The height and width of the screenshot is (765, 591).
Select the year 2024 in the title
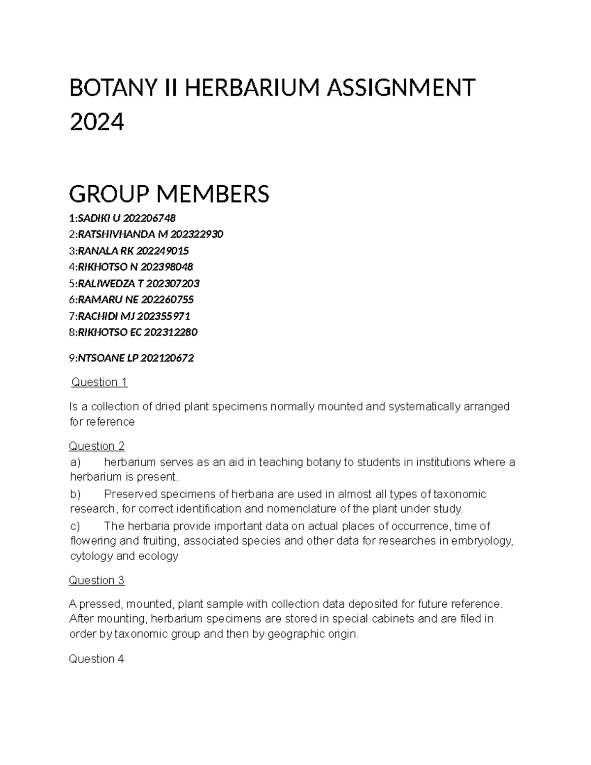point(97,122)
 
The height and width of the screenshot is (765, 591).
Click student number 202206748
point(149,218)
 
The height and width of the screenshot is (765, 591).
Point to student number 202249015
point(162,251)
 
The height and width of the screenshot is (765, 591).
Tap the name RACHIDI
point(98,316)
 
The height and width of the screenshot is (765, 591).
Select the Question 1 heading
point(99,382)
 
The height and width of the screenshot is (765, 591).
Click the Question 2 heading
point(97,446)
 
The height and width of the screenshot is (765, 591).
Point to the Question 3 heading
point(97,580)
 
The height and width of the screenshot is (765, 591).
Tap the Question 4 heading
point(97,659)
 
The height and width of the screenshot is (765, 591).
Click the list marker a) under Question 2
point(75,462)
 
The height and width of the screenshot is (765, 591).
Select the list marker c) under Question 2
point(75,526)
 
